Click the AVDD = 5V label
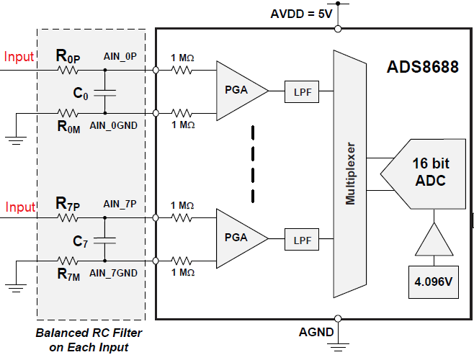coord(302,14)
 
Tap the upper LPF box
coord(300,91)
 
